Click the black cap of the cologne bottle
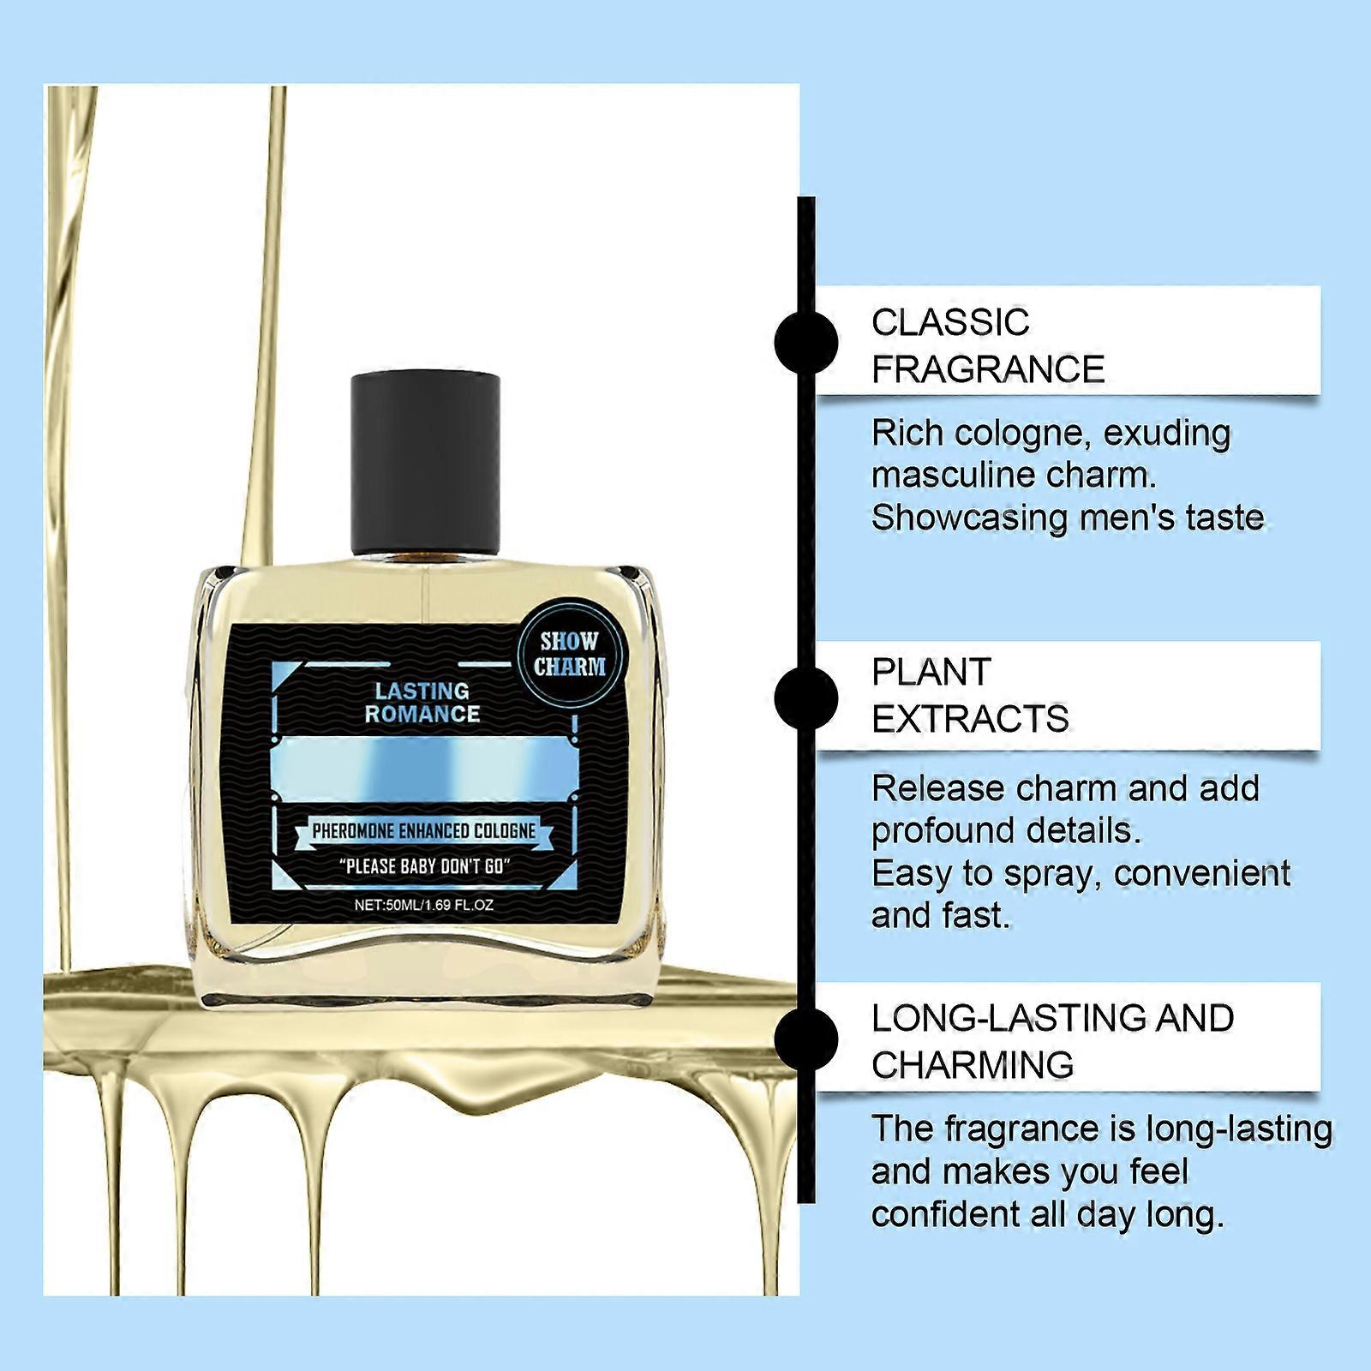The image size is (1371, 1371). pyautogui.click(x=426, y=463)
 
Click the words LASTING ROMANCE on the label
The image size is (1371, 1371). pyautogui.click(x=422, y=703)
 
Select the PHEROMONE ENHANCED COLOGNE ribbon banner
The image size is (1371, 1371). pyautogui.click(x=424, y=831)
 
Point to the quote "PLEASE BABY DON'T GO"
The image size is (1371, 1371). pyautogui.click(x=424, y=866)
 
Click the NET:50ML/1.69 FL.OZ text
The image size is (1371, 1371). pyautogui.click(x=424, y=905)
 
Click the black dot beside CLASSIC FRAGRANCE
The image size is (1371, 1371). pyautogui.click(x=805, y=341)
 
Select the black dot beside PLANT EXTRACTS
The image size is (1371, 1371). pyautogui.click(x=805, y=696)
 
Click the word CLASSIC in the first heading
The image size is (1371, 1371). pyautogui.click(x=950, y=323)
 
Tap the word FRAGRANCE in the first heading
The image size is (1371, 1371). pyautogui.click(x=988, y=370)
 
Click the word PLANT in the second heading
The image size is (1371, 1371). pyautogui.click(x=931, y=673)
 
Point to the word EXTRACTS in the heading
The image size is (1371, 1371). pyautogui.click(x=970, y=720)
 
